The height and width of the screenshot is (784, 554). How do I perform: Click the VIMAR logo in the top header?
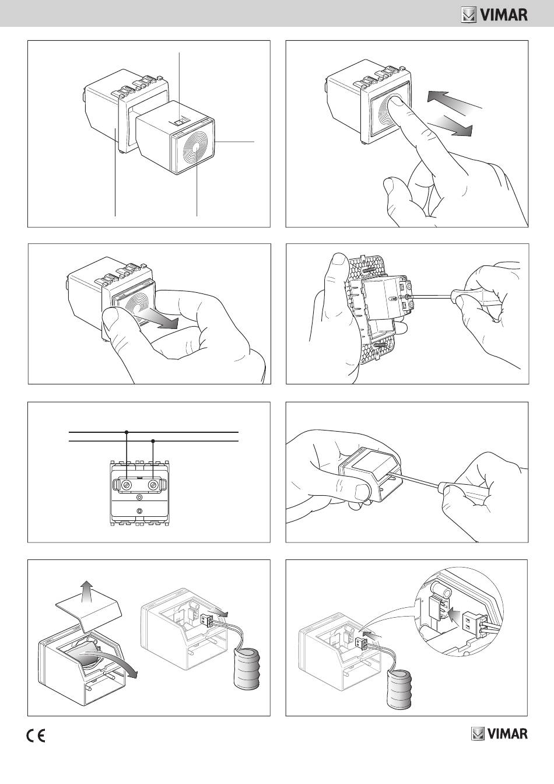(494, 15)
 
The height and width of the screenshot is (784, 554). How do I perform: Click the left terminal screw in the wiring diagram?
(127, 485)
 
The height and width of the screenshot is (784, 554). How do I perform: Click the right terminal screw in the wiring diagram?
(153, 485)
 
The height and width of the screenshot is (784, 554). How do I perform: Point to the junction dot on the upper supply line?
(127, 432)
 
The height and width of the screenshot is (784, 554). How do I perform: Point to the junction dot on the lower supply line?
(153, 441)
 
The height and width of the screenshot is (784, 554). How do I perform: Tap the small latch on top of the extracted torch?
(180, 122)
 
